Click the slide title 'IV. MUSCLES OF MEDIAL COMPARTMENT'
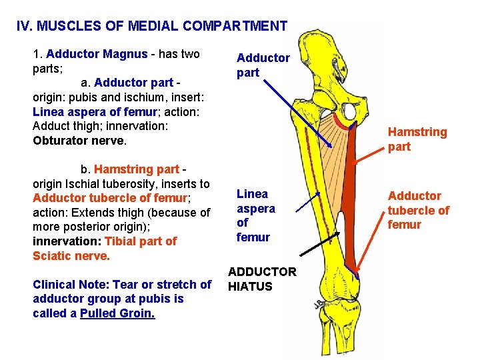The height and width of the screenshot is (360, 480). pos(151,27)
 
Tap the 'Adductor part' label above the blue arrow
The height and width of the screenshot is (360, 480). pos(263,65)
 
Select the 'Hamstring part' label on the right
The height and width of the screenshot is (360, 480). pos(417,139)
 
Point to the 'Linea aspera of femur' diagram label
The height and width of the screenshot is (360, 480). pos(256,215)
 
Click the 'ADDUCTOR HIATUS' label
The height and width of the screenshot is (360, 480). pos(261,279)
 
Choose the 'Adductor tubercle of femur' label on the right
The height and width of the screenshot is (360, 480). pos(418,210)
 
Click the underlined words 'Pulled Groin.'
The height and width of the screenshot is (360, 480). pos(117,313)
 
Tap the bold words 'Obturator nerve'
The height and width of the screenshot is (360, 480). pos(78,141)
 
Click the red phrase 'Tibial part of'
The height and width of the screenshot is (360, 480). pos(141,241)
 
